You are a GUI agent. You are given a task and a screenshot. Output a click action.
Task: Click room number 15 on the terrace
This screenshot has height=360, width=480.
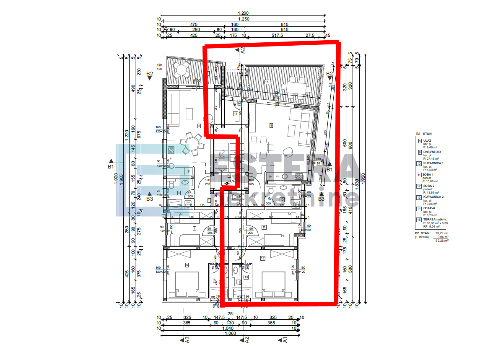click(266, 81)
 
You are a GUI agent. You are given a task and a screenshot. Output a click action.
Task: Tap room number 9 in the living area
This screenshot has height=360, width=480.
click(271, 125)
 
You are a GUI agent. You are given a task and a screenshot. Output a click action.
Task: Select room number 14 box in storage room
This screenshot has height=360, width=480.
click(236, 114)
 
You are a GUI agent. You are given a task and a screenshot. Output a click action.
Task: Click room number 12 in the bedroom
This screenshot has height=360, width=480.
click(263, 258)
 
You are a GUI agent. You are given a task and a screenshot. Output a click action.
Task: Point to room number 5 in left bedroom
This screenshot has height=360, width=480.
click(187, 264)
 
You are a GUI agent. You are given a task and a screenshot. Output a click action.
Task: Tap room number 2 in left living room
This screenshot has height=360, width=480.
click(199, 125)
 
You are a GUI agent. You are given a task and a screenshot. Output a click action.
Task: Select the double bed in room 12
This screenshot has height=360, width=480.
click(273, 283)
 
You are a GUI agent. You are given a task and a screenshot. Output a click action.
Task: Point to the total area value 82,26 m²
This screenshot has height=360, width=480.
click(442, 241)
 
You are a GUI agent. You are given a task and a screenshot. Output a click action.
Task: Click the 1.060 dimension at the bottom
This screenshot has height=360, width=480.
click(230, 334)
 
